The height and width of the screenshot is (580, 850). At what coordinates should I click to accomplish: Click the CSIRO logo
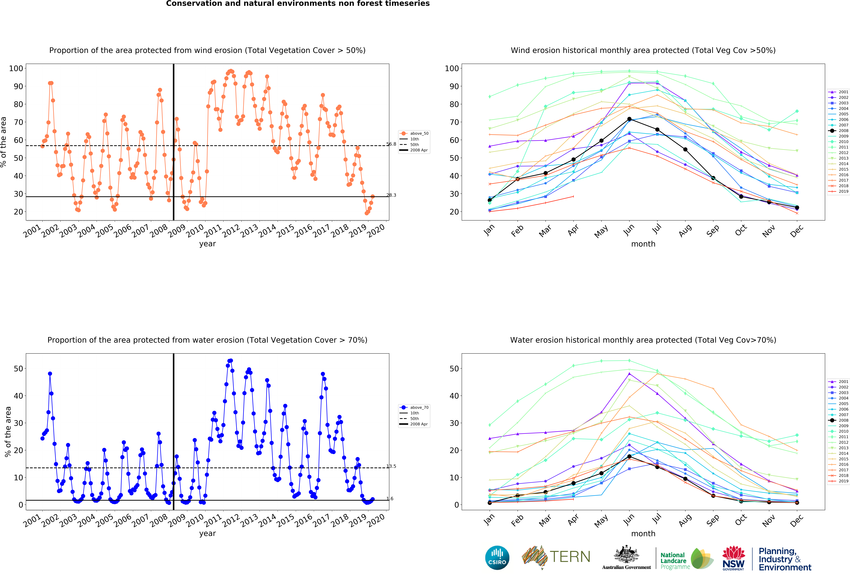click(497, 558)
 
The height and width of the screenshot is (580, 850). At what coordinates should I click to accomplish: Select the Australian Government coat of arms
click(627, 555)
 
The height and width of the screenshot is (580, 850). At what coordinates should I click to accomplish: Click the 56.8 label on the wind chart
click(391, 144)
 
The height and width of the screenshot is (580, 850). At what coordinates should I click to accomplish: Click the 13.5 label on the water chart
click(391, 466)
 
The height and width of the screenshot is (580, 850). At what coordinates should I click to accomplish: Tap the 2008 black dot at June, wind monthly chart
click(629, 119)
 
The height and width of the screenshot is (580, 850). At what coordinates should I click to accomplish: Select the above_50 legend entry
click(414, 133)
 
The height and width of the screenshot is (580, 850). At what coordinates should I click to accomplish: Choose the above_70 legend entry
click(414, 407)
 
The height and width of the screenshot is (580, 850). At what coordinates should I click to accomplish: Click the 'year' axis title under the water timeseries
click(207, 534)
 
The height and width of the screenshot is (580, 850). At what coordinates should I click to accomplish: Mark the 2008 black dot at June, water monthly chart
click(629, 457)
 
